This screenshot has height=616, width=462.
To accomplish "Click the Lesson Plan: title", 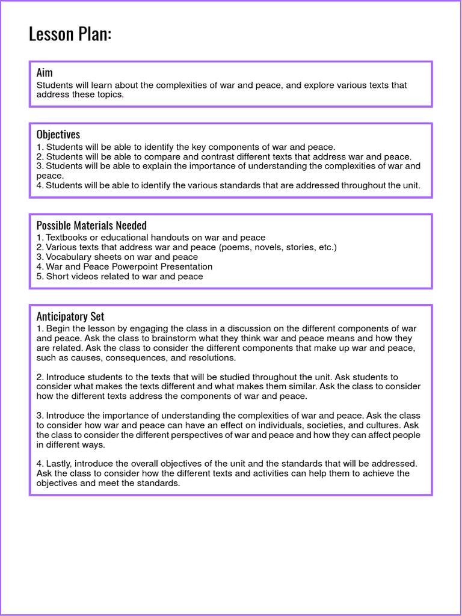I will tap(70, 34).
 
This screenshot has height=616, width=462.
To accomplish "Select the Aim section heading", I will tap(45, 73).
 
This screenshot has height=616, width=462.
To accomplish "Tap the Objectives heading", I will tap(58, 134).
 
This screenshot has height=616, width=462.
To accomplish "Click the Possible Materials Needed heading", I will tap(91, 225).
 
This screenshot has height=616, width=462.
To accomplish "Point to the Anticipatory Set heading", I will tap(70, 316).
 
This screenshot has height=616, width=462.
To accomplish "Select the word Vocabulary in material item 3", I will tap(68, 257).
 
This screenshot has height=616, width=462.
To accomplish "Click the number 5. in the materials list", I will tap(40, 276).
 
